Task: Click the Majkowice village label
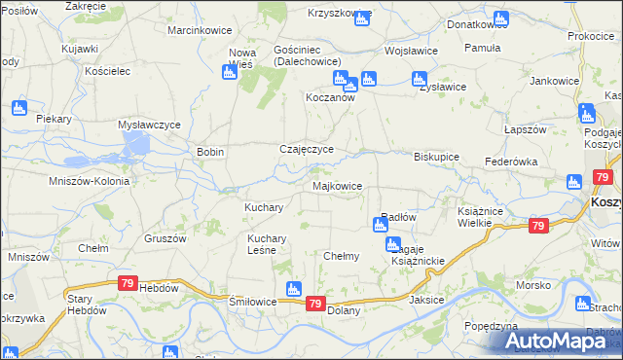coord(338,185)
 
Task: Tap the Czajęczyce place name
coord(307,149)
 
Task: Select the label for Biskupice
coord(436,156)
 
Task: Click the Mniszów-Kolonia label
coord(83,181)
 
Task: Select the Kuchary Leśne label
coord(266,244)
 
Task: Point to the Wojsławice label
coord(411,50)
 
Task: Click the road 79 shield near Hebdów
coord(128,283)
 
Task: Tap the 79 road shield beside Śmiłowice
coord(314,304)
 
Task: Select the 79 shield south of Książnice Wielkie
coord(538,226)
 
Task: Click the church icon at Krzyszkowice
coord(362,18)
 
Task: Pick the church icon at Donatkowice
coord(501,18)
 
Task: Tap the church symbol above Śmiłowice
coord(292,289)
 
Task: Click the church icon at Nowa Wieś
coord(231,72)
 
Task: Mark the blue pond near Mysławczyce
coord(136,145)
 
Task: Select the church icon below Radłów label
coord(380,226)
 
